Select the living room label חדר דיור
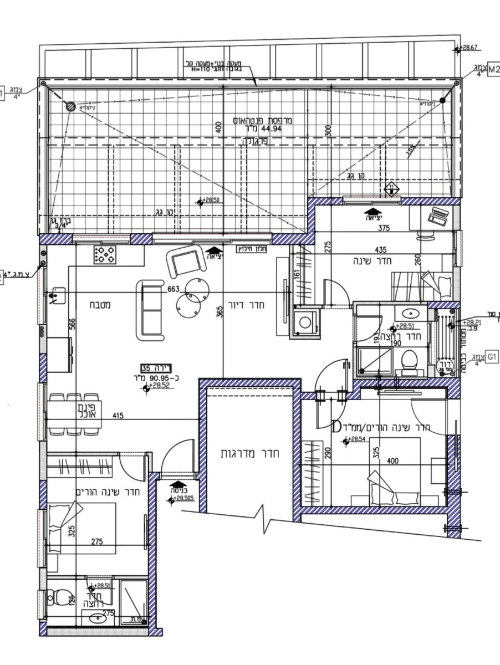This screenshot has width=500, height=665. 252,304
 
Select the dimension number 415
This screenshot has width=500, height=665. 118,415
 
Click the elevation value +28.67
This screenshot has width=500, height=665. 470,48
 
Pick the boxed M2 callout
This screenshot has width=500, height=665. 493,71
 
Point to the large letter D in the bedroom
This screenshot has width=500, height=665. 336,427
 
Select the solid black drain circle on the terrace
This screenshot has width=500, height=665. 442,101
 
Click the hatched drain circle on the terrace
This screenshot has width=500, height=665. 70,106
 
